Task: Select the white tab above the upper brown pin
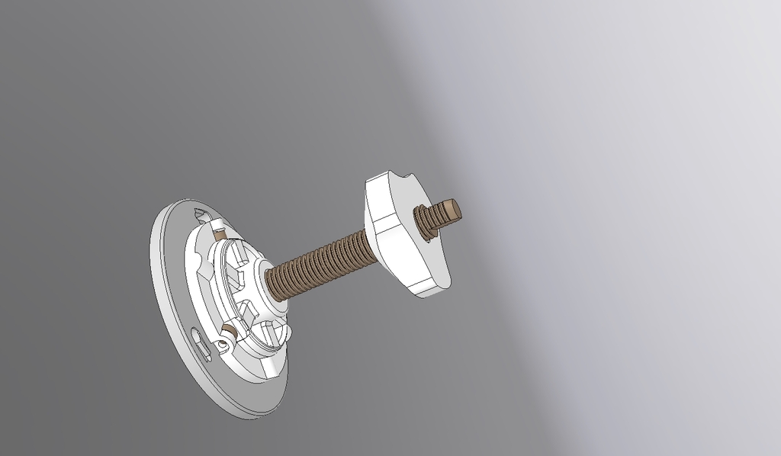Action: (x=216, y=223)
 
